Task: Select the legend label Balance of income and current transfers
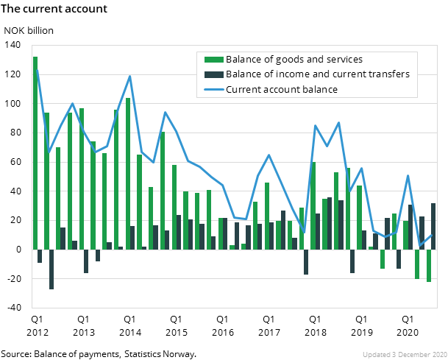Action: point(317,74)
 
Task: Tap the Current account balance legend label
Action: point(282,89)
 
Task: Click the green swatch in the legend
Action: point(213,59)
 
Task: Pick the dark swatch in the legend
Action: point(213,74)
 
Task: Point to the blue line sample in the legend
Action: point(213,89)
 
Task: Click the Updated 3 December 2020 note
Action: point(403,353)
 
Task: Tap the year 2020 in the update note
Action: point(435,353)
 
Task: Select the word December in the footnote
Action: point(408,353)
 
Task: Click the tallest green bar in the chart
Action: point(35,152)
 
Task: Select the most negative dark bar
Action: point(51,269)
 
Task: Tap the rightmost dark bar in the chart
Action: point(433,226)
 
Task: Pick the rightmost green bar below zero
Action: point(429,265)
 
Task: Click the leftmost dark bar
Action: point(40,255)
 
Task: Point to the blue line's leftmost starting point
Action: point(36,69)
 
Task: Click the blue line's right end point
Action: point(432,235)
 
